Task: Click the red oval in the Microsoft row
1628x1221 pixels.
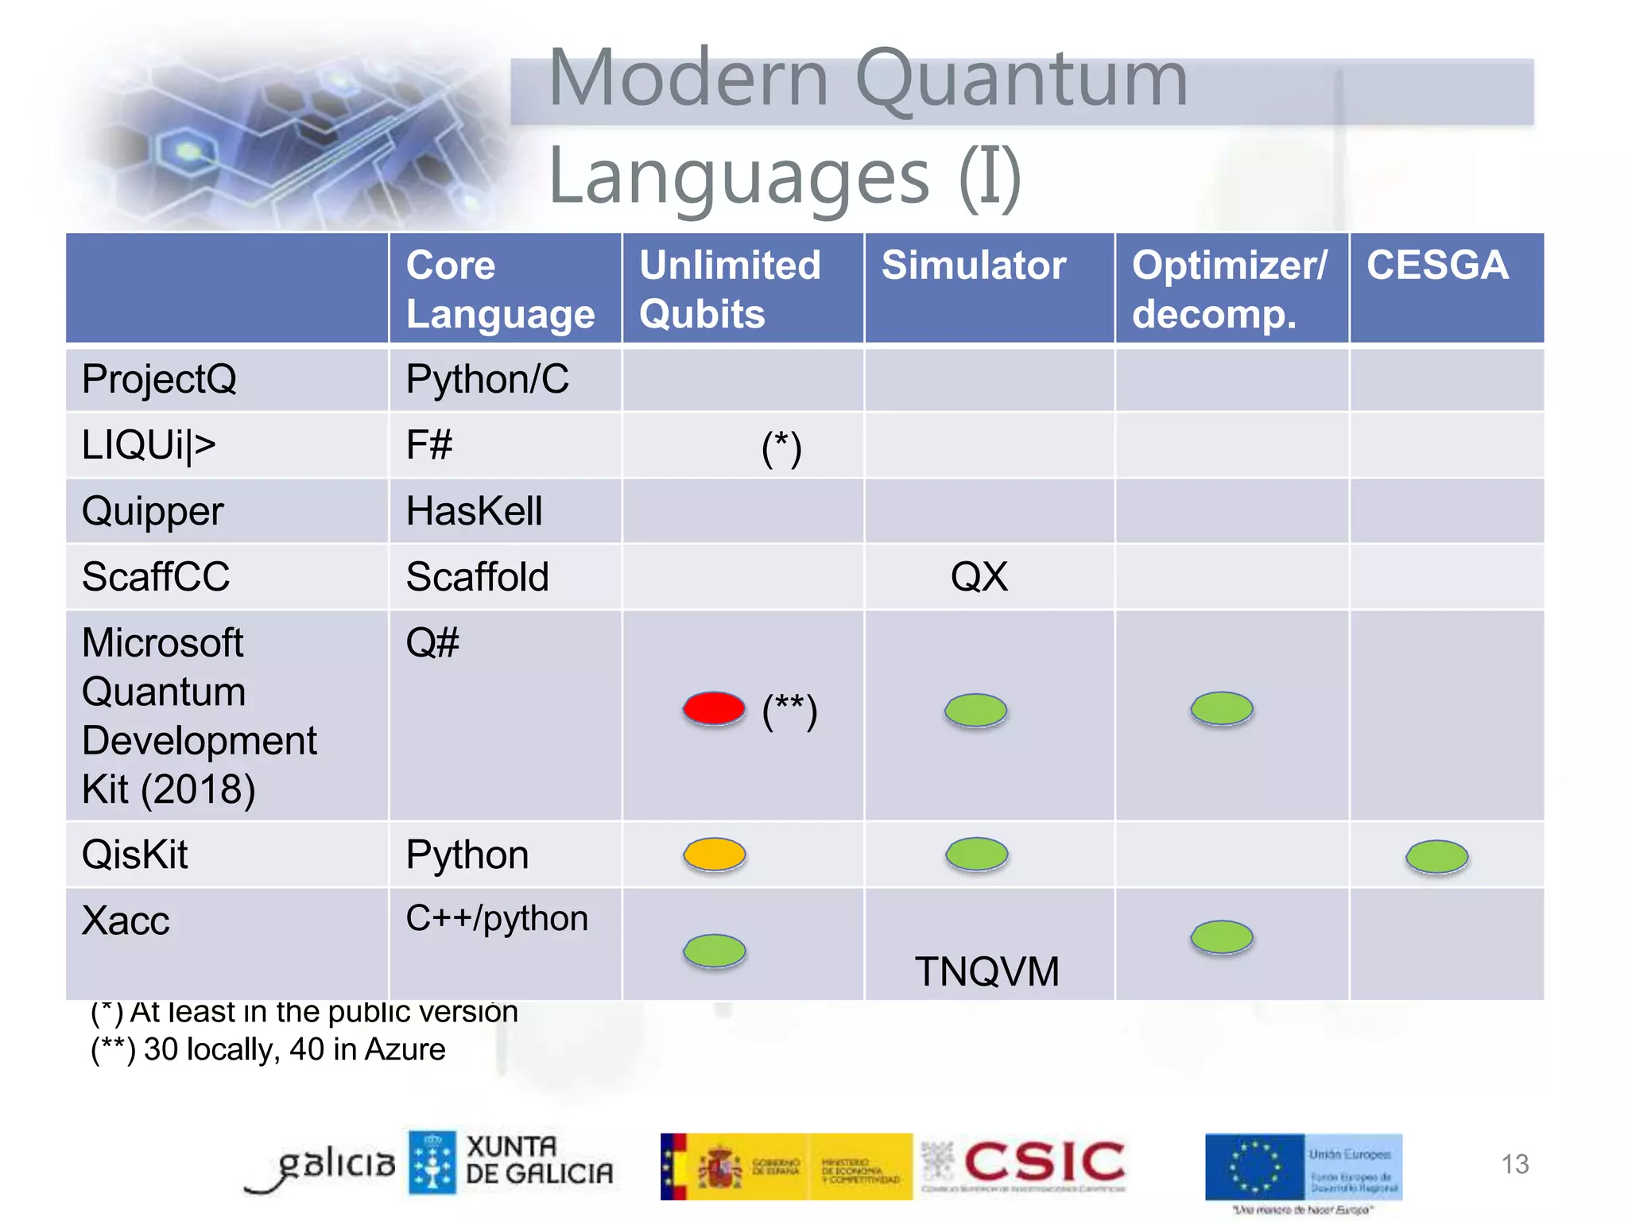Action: tap(714, 708)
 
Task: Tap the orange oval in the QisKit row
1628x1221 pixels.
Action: tap(715, 855)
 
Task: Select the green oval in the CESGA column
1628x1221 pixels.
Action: tap(1436, 857)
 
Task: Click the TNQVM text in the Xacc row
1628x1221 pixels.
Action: tap(986, 971)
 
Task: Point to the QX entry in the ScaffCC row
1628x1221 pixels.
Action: tap(979, 576)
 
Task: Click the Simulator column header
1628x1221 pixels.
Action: tap(973, 266)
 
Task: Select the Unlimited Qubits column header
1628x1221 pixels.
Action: tap(729, 289)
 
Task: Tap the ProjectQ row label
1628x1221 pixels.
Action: tap(159, 379)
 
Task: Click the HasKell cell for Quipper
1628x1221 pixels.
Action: tap(474, 511)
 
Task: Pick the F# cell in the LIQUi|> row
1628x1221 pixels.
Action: tap(429, 444)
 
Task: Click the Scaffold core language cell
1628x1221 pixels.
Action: tap(477, 577)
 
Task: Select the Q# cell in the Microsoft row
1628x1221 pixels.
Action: tap(432, 642)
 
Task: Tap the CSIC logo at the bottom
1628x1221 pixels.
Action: tap(1043, 1163)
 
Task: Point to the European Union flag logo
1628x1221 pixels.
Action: tap(1254, 1167)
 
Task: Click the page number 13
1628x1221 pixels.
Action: tap(1514, 1164)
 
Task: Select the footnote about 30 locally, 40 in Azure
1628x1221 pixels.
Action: tap(268, 1049)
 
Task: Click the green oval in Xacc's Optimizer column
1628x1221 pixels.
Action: tap(1221, 937)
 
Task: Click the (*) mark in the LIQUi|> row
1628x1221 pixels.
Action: tap(781, 448)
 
